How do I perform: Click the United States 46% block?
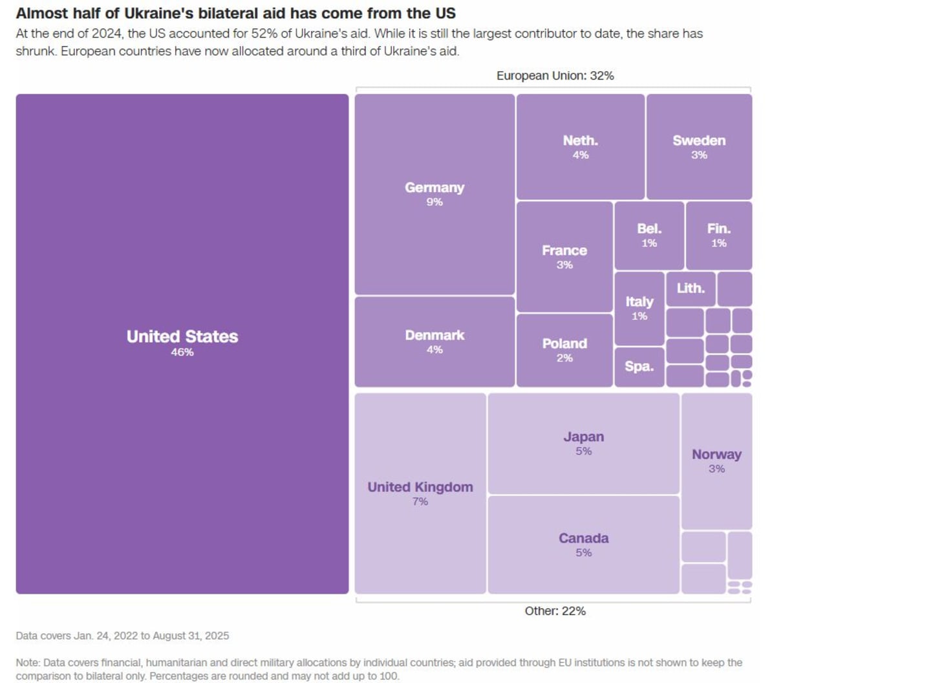(x=182, y=343)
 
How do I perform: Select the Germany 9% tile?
(x=434, y=194)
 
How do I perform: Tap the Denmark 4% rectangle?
(x=434, y=341)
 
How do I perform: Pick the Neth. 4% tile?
(x=580, y=147)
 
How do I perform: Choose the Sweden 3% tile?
(x=699, y=147)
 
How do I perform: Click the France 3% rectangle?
(x=564, y=257)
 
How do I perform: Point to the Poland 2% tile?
(x=564, y=350)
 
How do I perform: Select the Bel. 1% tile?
(x=649, y=235)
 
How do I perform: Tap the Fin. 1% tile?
(x=718, y=235)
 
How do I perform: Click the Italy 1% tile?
(x=639, y=308)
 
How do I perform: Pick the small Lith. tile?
(x=690, y=288)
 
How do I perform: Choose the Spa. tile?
(x=639, y=367)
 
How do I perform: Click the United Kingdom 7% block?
(x=420, y=493)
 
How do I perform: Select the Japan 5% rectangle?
(x=583, y=443)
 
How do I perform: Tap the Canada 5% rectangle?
(x=583, y=545)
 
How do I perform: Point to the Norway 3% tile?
(x=716, y=461)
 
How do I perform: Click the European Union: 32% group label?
(x=555, y=76)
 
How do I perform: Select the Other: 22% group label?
(x=555, y=611)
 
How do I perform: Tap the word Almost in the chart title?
(x=37, y=13)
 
